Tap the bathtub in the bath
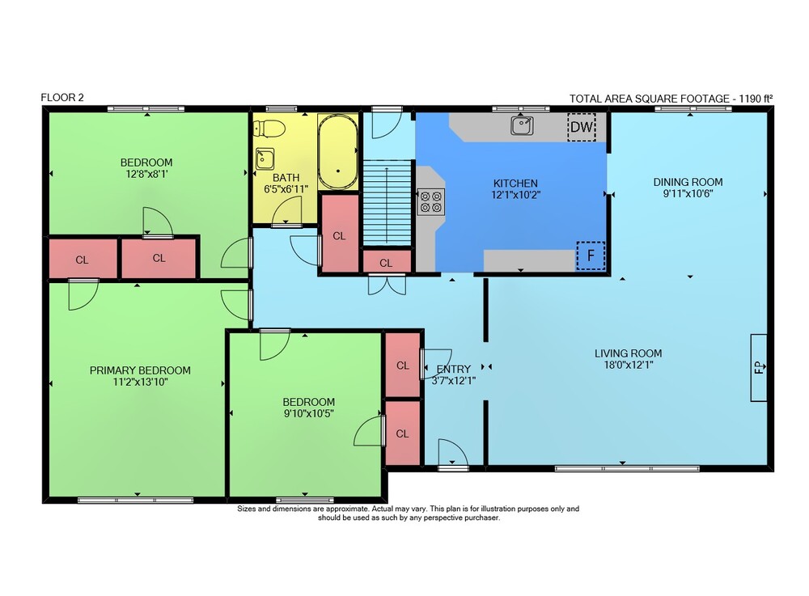click(x=338, y=151)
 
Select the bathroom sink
click(x=265, y=159)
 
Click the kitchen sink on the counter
click(x=522, y=125)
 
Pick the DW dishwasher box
click(x=582, y=127)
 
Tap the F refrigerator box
click(x=591, y=256)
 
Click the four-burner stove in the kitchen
click(x=431, y=201)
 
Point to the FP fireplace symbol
click(x=759, y=368)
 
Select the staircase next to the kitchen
click(x=387, y=203)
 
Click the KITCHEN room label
click(x=515, y=183)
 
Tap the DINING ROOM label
click(x=688, y=182)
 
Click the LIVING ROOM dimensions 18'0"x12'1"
click(x=628, y=365)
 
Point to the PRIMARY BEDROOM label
click(x=140, y=370)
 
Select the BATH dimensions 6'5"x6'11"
click(x=286, y=189)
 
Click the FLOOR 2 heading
click(x=62, y=97)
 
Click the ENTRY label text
click(x=454, y=369)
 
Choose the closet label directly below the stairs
click(x=386, y=263)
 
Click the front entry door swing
click(x=453, y=453)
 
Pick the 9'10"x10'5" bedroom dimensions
click(x=308, y=413)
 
